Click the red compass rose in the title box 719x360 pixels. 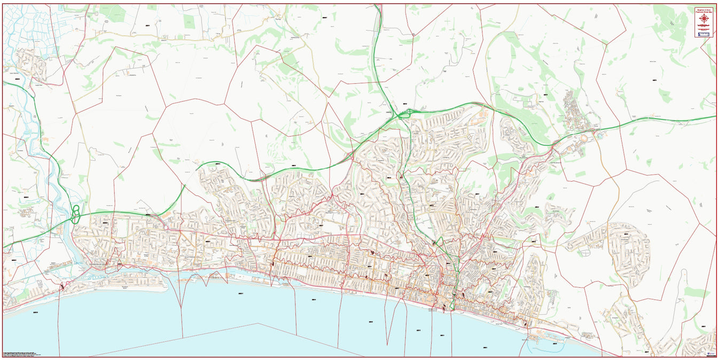click(704, 18)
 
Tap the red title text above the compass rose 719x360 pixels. click(704, 10)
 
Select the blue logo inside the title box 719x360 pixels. click(704, 34)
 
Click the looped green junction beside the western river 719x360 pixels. click(76, 214)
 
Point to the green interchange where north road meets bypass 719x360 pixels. click(404, 113)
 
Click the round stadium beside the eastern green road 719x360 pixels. click(584, 138)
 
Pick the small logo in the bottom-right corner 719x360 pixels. click(710, 354)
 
